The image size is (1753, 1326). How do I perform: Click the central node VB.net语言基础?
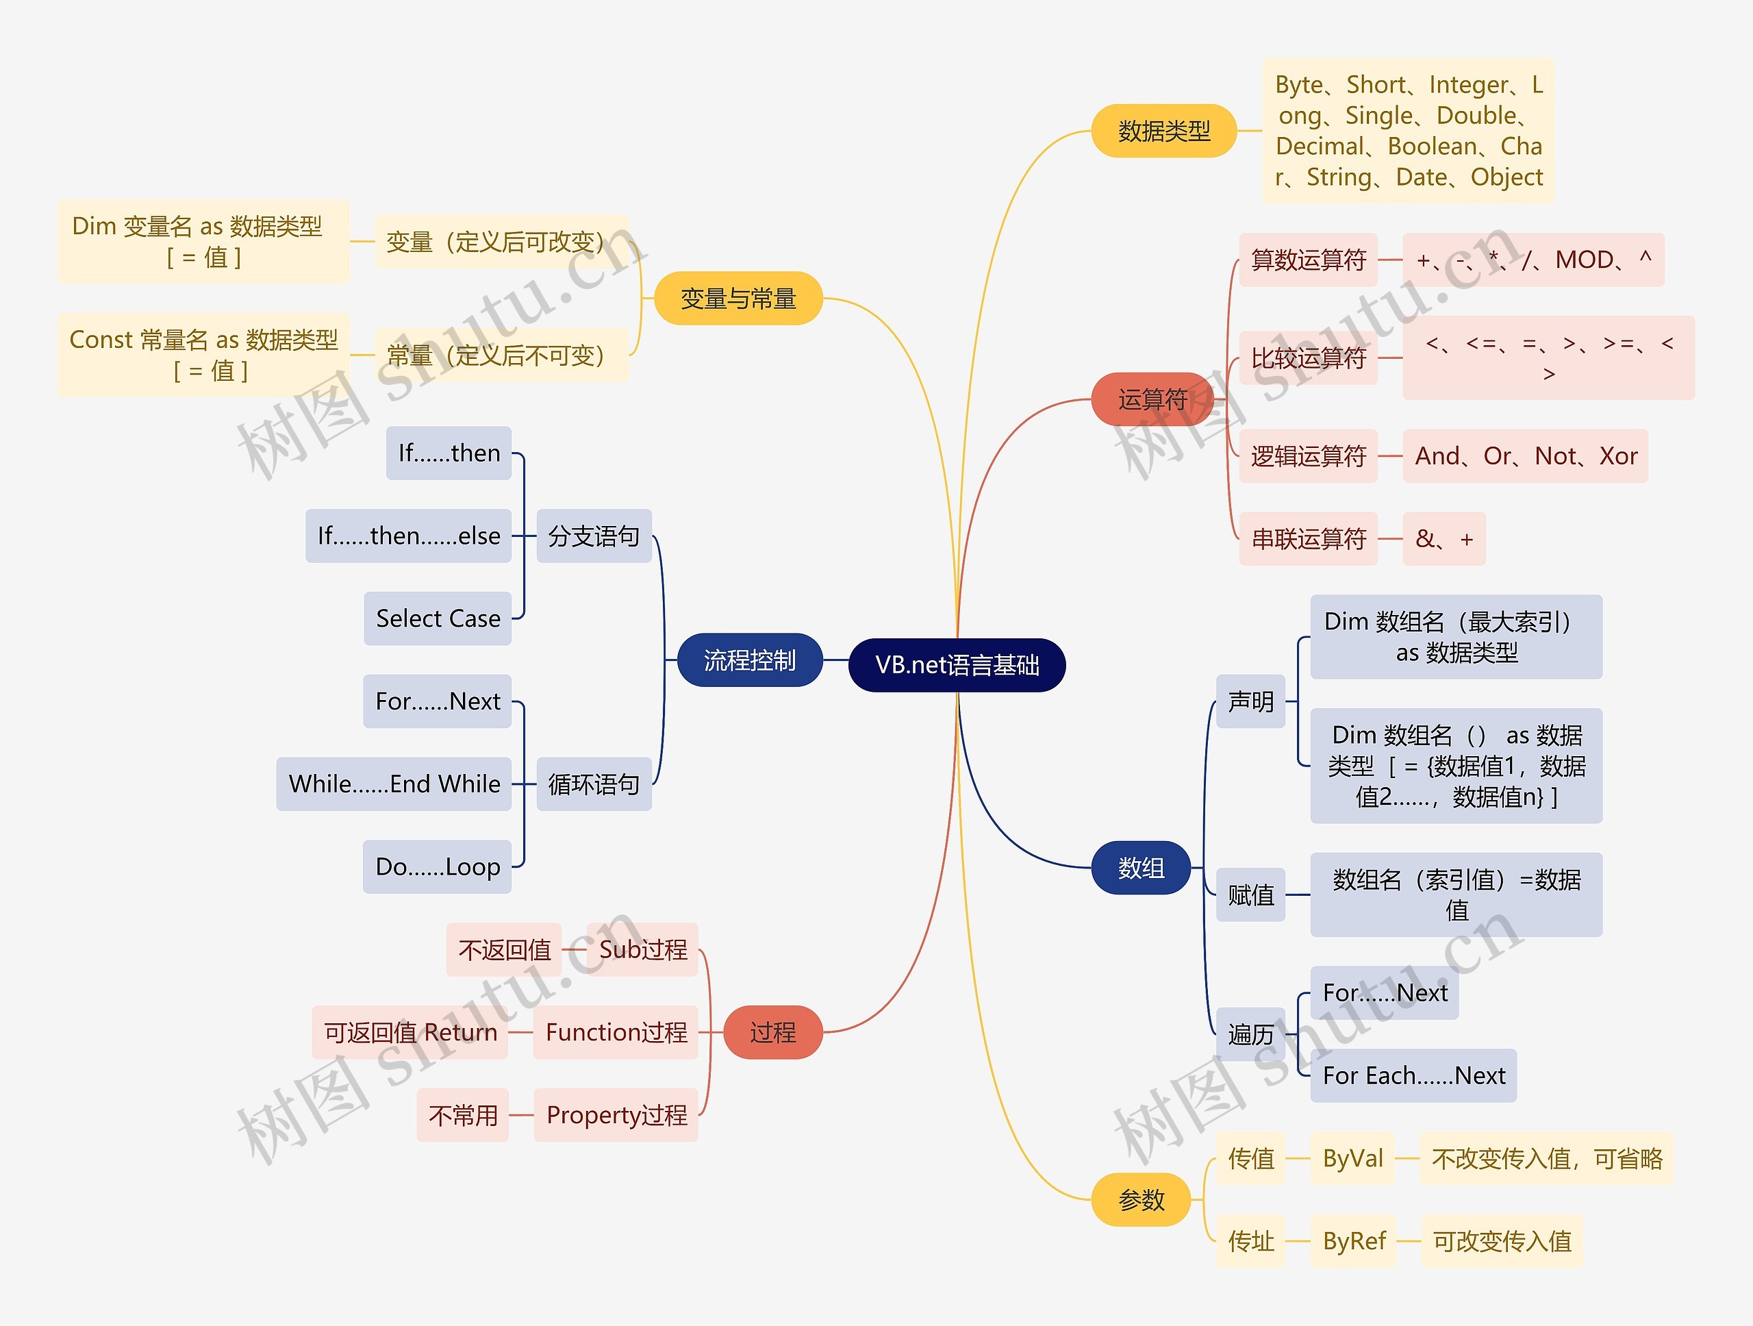coord(957,664)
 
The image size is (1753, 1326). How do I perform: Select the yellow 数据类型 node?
coord(1163,131)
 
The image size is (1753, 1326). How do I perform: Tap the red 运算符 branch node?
coord(1152,399)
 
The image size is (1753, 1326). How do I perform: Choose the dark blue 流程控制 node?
coord(749,660)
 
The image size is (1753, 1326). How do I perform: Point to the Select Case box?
coord(438,618)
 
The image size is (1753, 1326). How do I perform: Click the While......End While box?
coord(394,784)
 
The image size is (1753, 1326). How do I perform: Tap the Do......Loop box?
coord(438,866)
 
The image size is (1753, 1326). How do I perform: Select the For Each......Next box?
coord(1413,1075)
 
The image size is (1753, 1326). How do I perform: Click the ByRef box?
coord(1354,1241)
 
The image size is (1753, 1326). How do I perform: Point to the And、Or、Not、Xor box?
coord(1525,455)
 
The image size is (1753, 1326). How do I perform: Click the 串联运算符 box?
coord(1308,539)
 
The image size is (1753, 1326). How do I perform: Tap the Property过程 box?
coord(616,1115)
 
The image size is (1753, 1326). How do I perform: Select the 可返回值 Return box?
coord(409,1032)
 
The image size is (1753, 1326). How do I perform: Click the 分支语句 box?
coord(594,536)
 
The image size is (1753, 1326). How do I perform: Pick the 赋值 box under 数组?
coord(1250,895)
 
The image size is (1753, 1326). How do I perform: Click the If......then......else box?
coord(408,536)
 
